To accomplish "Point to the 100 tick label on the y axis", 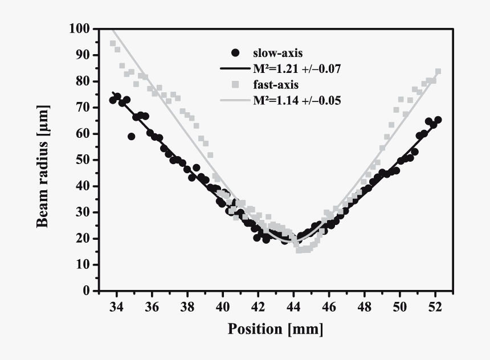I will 80,28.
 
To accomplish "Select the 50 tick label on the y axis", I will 83,159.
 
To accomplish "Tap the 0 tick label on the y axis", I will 87,291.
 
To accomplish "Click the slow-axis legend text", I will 273,54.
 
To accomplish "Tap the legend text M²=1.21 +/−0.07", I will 297,69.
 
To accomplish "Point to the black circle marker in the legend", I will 235,54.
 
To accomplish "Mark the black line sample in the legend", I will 235,69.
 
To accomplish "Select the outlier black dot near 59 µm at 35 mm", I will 132,136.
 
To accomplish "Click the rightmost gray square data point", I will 438,72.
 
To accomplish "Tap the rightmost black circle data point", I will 438,120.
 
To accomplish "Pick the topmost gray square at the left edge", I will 113,43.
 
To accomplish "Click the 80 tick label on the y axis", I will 83,81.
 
